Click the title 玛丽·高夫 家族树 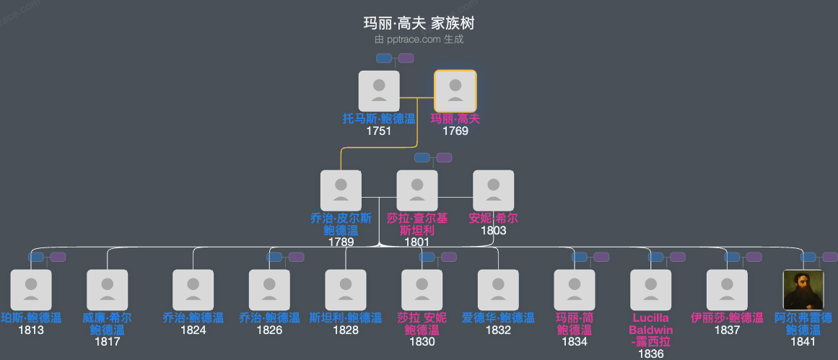coord(419,23)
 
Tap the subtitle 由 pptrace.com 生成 coord(419,40)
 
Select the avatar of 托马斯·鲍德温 coord(379,91)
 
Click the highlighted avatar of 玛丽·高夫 coord(455,91)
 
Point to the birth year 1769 coord(455,131)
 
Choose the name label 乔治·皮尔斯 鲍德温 coord(341,224)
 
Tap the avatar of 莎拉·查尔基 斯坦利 coord(417,190)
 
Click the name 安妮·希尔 coord(493,218)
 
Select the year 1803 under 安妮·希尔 coord(493,231)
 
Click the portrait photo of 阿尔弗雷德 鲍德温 coord(803,290)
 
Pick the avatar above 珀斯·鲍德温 coord(31,290)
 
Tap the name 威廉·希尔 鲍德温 coord(107,323)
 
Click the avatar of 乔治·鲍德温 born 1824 coord(193,290)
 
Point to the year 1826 coord(269,330)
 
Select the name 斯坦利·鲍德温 coord(346,317)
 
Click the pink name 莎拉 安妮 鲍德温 coord(422,323)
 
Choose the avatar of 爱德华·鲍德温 coord(498,290)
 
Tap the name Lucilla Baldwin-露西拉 coord(650,329)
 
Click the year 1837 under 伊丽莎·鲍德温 coord(727,330)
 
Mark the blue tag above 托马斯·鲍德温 coord(384,58)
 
